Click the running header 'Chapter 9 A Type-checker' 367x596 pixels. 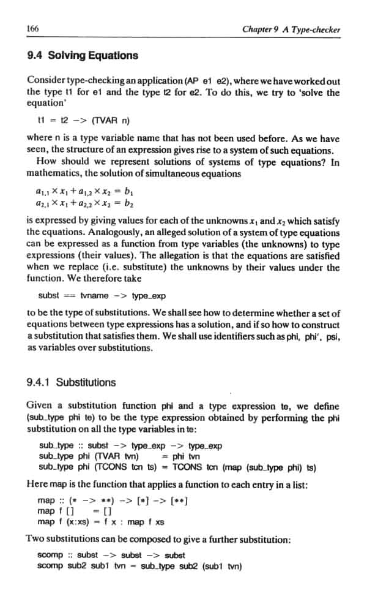[x=291, y=29]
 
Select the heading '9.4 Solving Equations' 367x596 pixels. [x=83, y=55]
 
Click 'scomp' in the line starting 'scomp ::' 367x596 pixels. [x=50, y=555]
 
